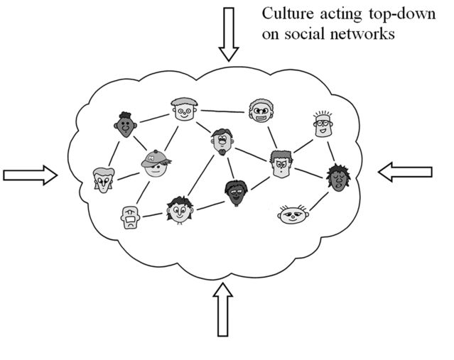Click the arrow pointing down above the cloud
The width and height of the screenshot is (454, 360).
tap(228, 33)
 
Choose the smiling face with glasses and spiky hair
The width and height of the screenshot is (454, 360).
tap(322, 125)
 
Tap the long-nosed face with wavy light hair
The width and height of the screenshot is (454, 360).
tap(104, 181)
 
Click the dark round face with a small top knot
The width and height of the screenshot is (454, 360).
tap(125, 126)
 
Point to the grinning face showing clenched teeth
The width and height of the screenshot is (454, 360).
tap(260, 111)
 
